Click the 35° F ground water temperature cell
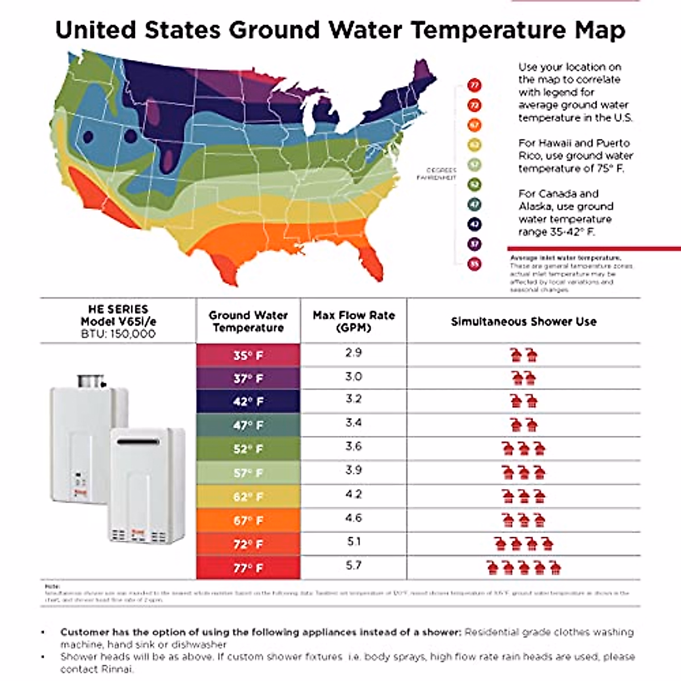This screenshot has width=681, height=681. pos(248,356)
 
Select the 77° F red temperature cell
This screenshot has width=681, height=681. pos(248,567)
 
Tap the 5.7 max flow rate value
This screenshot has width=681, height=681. pos(354,566)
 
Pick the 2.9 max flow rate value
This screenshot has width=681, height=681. pos(354,353)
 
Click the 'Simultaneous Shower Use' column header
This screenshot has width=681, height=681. pos(523,322)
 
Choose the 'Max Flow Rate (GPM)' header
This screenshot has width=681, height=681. pos(354,322)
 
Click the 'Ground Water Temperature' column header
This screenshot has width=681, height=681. pos(248,322)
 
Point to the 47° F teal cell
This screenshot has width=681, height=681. pos(248,426)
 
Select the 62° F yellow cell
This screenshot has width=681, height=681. pos(248,497)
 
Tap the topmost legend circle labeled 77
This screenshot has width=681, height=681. pos(474,86)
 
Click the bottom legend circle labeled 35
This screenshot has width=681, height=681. pos(474,264)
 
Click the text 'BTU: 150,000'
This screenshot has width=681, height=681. pos(118,334)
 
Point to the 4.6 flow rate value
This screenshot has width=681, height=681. pos(354,518)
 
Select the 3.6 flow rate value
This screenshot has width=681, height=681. pos(354,447)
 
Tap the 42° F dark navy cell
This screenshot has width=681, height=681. pos(248,402)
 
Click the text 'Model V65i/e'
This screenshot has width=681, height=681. pos(118,321)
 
